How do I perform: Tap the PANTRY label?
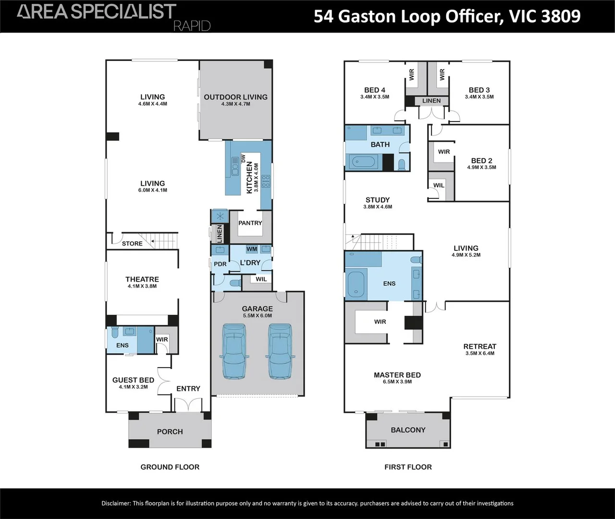click(x=250, y=223)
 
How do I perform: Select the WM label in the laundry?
click(x=251, y=249)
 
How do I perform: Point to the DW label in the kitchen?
click(x=244, y=158)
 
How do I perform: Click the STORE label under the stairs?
click(x=132, y=244)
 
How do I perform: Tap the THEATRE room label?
click(x=142, y=279)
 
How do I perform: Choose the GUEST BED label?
click(x=133, y=380)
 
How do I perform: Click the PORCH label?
click(x=170, y=432)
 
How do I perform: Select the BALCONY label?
click(x=408, y=430)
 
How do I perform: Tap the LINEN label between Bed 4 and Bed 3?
click(x=431, y=101)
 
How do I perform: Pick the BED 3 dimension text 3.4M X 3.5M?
click(x=479, y=97)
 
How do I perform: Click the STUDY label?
click(x=378, y=200)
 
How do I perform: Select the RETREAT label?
click(x=480, y=346)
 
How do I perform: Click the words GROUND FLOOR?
click(x=170, y=467)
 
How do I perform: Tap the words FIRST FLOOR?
click(x=408, y=467)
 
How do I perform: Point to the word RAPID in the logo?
click(x=192, y=26)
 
